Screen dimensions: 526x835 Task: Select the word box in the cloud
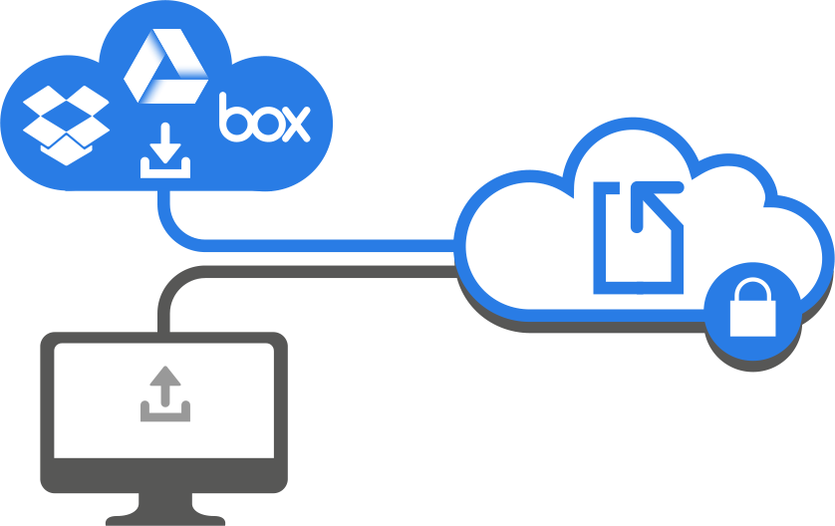pyautogui.click(x=264, y=119)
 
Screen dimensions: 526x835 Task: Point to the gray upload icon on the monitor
pyautogui.click(x=164, y=394)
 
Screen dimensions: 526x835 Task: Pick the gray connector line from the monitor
pyautogui.click(x=299, y=271)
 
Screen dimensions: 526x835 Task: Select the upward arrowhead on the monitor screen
pyautogui.click(x=164, y=379)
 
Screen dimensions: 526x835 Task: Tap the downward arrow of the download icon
pyautogui.click(x=165, y=150)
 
